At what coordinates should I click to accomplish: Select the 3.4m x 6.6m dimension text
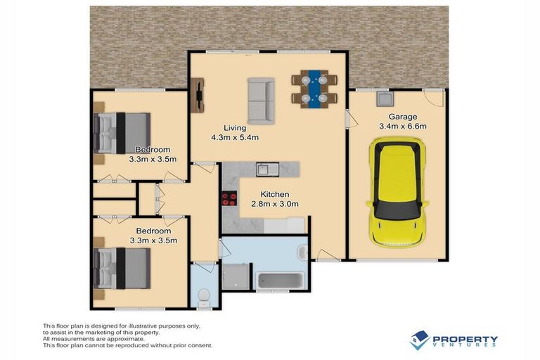(x=403, y=127)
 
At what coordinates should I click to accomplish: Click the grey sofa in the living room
(x=262, y=99)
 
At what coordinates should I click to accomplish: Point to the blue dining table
(x=314, y=88)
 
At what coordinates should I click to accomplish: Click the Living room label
(x=235, y=128)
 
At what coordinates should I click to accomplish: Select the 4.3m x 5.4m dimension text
(x=235, y=138)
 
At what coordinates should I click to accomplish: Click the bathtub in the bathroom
(x=280, y=281)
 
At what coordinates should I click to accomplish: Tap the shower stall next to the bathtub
(x=236, y=276)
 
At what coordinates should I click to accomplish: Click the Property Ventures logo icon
(x=420, y=340)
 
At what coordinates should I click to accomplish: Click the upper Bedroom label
(x=153, y=149)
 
